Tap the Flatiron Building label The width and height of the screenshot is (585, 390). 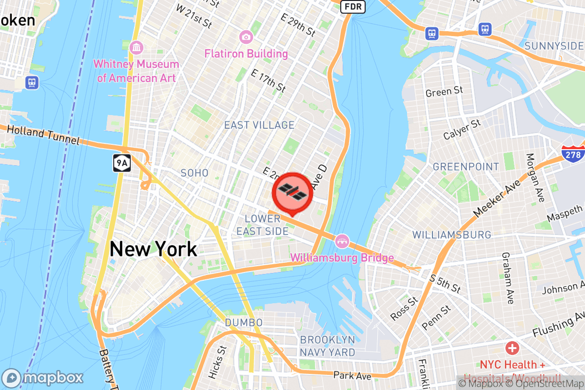pos(246,54)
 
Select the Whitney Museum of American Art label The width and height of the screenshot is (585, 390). pos(136,71)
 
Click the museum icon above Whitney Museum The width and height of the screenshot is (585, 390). pos(137,47)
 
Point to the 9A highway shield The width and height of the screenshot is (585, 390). pos(121,163)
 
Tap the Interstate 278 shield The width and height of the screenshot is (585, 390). pos(573,153)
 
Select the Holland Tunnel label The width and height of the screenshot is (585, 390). pos(43,135)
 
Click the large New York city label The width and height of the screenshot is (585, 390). pos(154,249)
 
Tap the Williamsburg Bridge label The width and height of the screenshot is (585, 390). pos(342,257)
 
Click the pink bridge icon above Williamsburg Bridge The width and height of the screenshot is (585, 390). pos(342,240)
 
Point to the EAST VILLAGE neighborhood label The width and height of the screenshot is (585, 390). pos(259,125)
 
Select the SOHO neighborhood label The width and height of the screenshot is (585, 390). pos(195,173)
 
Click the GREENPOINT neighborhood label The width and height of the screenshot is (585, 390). pos(466,167)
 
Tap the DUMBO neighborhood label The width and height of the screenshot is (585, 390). pos(244,323)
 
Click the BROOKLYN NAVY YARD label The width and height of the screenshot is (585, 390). pos(328,346)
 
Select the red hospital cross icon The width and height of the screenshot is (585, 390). pos(512,348)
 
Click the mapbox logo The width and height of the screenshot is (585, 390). pos(43,378)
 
